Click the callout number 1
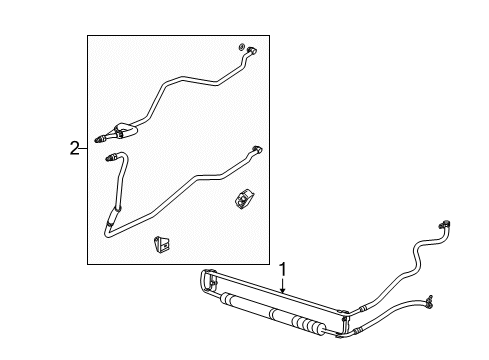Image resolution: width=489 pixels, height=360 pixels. pyautogui.click(x=283, y=268)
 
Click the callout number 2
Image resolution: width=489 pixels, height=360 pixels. pyautogui.click(x=73, y=149)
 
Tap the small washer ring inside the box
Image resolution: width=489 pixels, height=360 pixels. pyautogui.click(x=242, y=47)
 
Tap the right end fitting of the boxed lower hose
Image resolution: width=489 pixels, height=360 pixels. pyautogui.click(x=257, y=148)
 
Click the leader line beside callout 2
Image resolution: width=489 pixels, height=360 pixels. pyautogui.click(x=83, y=149)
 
